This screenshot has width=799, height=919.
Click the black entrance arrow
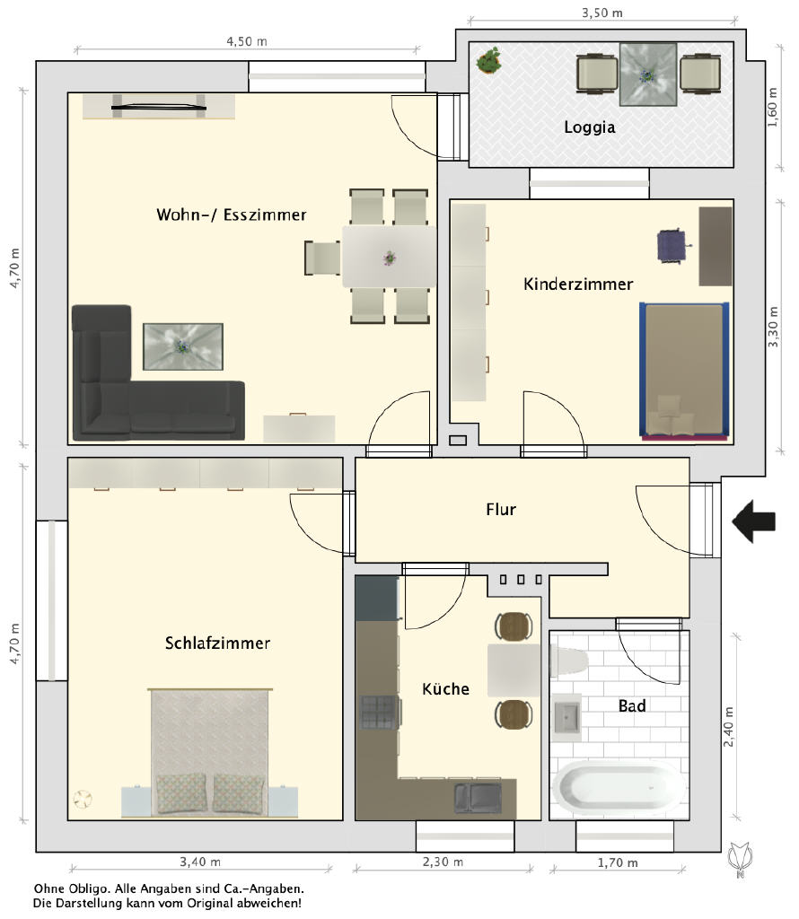754,521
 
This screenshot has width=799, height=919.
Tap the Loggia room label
589,127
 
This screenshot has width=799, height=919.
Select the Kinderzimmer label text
578,284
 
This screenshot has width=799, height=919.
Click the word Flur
501,510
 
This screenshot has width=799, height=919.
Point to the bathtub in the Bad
619,788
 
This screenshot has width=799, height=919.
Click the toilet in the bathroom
568,661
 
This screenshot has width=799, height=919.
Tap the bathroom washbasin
566,716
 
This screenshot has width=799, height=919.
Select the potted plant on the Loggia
489,60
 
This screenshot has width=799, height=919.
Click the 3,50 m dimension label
602,13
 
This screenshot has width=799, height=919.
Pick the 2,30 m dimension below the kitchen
443,862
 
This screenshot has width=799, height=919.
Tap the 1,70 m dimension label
618,862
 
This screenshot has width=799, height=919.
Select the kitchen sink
478,798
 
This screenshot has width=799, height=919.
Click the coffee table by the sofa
183,346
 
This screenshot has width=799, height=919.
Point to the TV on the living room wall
159,108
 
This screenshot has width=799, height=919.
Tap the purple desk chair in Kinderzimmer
672,245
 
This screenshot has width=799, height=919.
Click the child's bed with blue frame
684,371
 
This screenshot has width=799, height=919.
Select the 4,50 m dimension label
247,41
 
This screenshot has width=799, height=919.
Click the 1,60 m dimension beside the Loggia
773,108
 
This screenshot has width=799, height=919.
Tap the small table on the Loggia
648,74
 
